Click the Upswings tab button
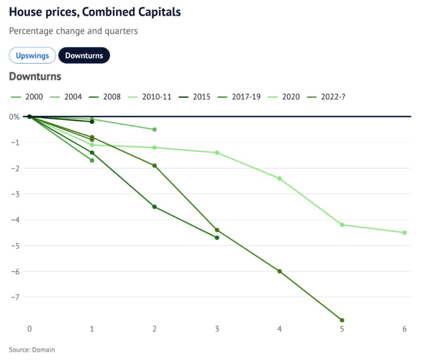tap(32, 55)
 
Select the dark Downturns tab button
tap(84, 55)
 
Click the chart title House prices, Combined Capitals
tap(95, 11)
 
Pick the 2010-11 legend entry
tap(157, 97)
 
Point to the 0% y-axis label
tap(14, 117)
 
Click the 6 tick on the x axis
tap(404, 329)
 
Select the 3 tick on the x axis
tap(217, 329)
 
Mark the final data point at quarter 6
tap(404, 232)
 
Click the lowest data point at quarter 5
tap(342, 320)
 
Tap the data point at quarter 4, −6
tap(280, 271)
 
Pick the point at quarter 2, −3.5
tap(155, 207)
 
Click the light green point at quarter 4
tap(280, 178)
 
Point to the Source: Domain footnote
tap(32, 350)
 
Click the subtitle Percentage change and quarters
tap(73, 31)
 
